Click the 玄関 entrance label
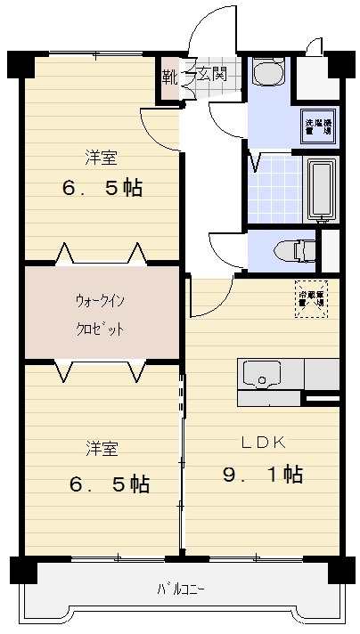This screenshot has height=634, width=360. tap(211, 74)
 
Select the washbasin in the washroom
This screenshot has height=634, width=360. tap(266, 71)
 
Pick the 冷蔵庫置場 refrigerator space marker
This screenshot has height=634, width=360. tap(311, 297)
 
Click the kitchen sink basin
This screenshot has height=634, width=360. tap(260, 375)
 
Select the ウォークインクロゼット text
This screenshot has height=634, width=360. tap(100, 314)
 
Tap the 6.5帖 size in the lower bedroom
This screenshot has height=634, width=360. tap(109, 484)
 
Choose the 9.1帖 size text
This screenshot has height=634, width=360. tap(262, 475)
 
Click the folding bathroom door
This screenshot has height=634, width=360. tap(255, 162)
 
